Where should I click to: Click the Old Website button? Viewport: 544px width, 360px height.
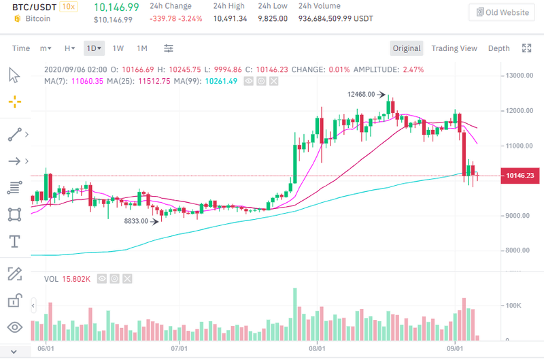502,12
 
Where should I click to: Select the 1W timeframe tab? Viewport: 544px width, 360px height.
118,48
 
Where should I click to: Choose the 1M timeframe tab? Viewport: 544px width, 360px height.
142,48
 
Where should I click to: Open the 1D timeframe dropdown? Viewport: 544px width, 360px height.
94,48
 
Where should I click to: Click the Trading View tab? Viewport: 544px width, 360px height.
454,48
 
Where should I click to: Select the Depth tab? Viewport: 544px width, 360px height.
498,48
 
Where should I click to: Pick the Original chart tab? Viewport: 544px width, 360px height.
407,48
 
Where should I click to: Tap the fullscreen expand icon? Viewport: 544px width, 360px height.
526,48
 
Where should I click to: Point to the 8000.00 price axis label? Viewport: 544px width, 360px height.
519,251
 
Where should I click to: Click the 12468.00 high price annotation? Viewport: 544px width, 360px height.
361,95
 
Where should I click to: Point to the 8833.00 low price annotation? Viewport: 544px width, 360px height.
136,221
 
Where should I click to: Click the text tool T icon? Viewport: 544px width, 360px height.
14,242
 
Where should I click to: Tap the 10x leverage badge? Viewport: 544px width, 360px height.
68,7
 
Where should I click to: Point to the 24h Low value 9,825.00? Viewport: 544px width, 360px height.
273,19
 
